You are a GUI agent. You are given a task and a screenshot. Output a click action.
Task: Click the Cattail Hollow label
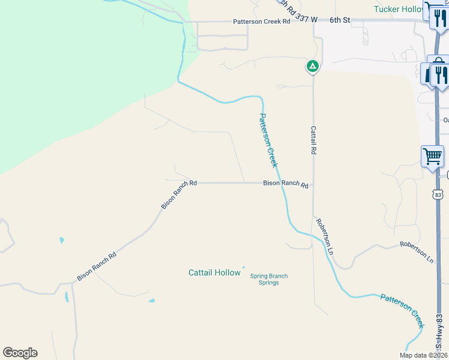coord(214,272)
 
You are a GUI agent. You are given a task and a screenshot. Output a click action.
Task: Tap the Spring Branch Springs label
coord(268,279)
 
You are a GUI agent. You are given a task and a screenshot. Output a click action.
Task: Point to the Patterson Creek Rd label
coord(261,21)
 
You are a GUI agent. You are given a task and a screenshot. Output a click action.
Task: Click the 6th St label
coord(339,20)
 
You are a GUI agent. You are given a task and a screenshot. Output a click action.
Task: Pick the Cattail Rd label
coord(313,140)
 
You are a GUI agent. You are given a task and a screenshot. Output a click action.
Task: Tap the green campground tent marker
coord(312,66)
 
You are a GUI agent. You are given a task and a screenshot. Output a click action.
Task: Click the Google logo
coord(20,353)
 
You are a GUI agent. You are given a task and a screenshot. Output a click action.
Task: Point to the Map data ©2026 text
coord(423,355)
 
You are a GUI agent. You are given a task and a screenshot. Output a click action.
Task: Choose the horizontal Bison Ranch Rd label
coord(285,185)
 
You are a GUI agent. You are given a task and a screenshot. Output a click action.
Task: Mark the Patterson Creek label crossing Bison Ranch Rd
coord(268,140)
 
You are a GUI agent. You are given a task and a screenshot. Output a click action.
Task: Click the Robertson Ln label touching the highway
coord(417,252)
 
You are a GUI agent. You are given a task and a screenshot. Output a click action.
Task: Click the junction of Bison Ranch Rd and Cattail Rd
coord(313,184)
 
